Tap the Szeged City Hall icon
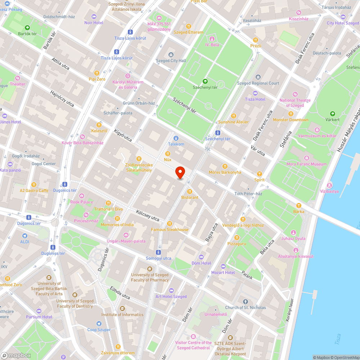(x=171, y=55)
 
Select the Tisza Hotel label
(x=255, y=99)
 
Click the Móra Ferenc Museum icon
(x=306, y=158)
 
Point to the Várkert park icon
(x=332, y=113)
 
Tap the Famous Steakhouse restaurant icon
(x=170, y=224)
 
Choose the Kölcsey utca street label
(x=148, y=215)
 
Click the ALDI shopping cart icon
(x=24, y=236)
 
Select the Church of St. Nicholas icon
(x=246, y=301)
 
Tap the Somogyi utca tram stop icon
(x=159, y=252)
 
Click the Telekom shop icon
(x=176, y=138)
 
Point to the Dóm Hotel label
(x=201, y=263)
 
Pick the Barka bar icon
(x=298, y=206)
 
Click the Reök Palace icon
(x=82, y=196)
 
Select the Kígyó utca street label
(x=123, y=135)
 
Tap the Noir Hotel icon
(x=94, y=17)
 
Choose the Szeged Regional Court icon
(x=258, y=77)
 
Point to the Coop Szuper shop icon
(x=99, y=324)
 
